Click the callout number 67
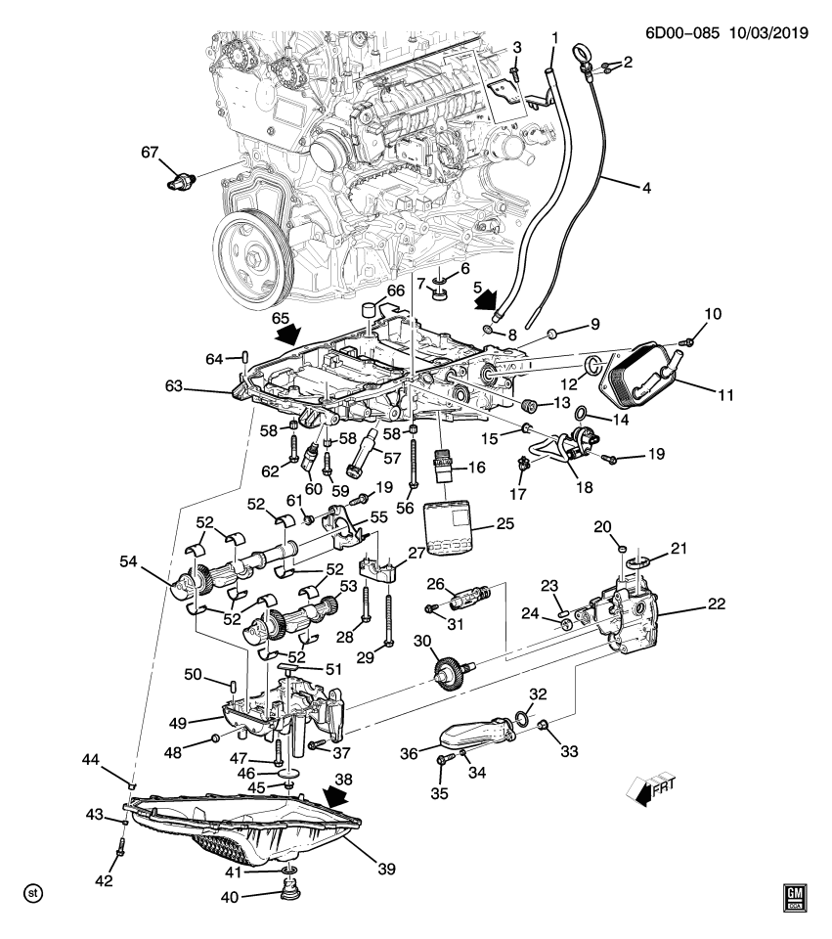click(149, 152)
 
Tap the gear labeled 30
click(449, 674)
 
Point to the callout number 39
click(388, 865)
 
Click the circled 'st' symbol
click(33, 893)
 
